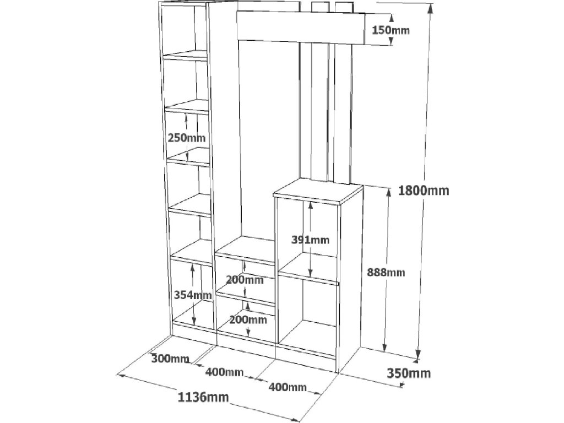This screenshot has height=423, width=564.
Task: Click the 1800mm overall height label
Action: pyautogui.click(x=423, y=191)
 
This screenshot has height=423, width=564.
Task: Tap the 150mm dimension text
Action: pyautogui.click(x=391, y=30)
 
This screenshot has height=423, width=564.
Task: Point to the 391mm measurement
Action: pyautogui.click(x=311, y=239)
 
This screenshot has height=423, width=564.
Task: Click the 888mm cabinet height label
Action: pyautogui.click(x=386, y=272)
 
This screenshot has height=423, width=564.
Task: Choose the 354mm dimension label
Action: pyautogui.click(x=192, y=295)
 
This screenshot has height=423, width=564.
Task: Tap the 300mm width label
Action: pyautogui.click(x=170, y=359)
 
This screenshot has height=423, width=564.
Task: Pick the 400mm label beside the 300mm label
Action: pyautogui.click(x=224, y=372)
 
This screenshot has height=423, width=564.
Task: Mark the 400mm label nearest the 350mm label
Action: pyautogui.click(x=288, y=387)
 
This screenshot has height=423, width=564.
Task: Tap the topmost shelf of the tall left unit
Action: pyautogui.click(x=185, y=55)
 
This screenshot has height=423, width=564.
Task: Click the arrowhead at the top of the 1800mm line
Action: pyautogui.click(x=431, y=7)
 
